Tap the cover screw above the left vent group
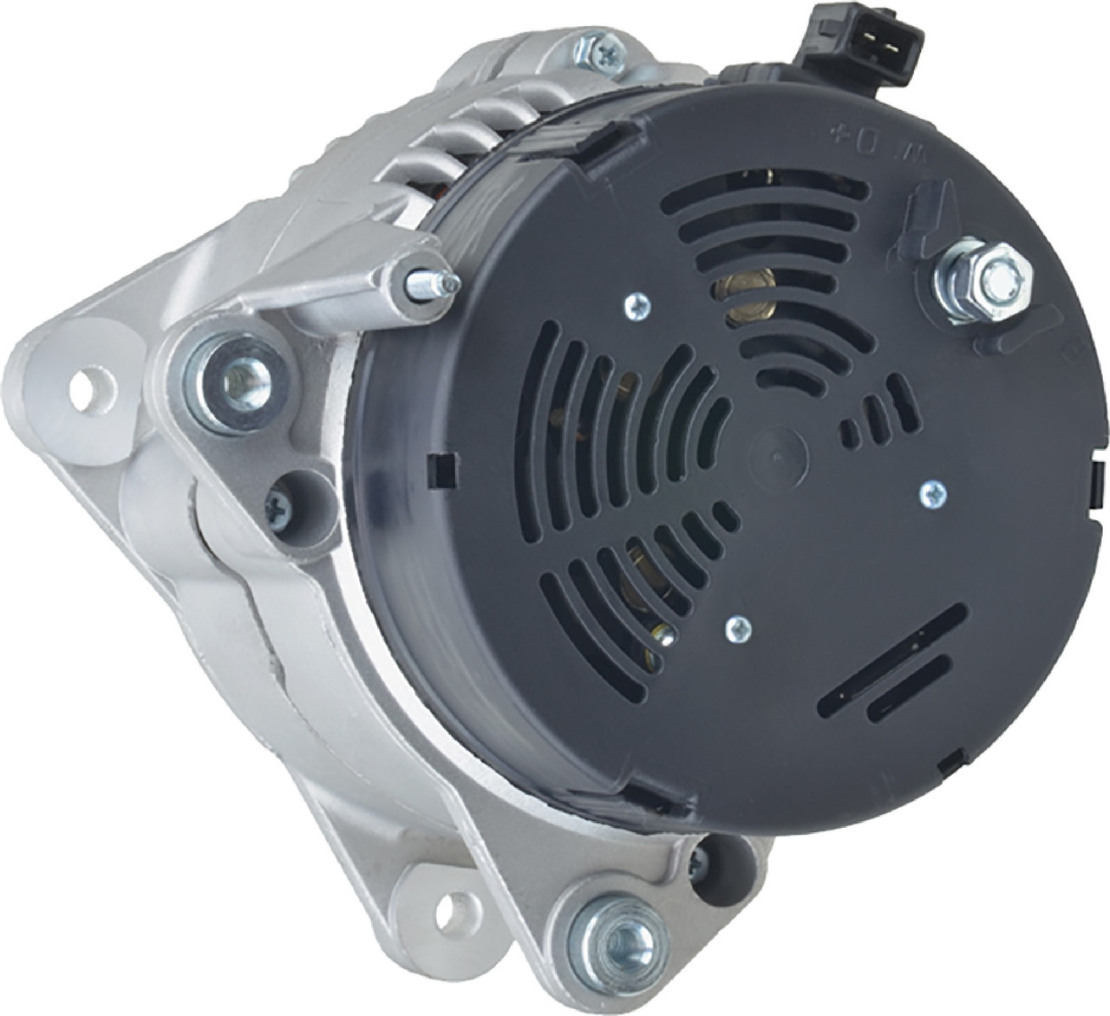[637, 304]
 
